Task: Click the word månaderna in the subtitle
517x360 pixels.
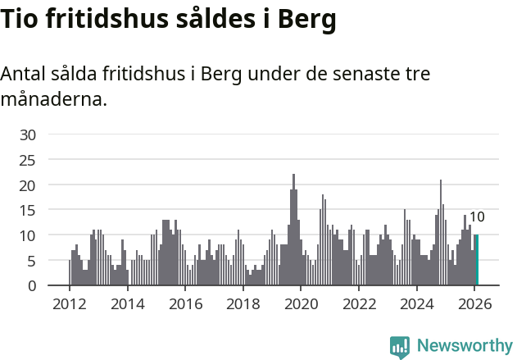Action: click(53, 100)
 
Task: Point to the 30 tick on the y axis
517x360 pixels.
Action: click(28, 134)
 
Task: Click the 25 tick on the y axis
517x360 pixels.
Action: click(28, 160)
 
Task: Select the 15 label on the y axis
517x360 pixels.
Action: click(28, 211)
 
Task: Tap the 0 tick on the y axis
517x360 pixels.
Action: click(32, 286)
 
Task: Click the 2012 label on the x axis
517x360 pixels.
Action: click(70, 304)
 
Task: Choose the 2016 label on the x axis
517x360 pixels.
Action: click(185, 304)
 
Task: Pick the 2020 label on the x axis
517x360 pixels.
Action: click(301, 304)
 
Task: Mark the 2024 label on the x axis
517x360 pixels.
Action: click(417, 304)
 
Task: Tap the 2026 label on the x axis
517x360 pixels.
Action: click(474, 304)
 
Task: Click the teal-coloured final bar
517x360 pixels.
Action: click(477, 261)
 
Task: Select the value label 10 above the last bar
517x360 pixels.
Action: click(477, 217)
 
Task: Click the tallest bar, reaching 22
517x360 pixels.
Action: click(293, 230)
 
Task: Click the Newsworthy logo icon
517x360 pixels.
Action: click(400, 346)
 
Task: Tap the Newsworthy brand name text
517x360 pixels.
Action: click(464, 346)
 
